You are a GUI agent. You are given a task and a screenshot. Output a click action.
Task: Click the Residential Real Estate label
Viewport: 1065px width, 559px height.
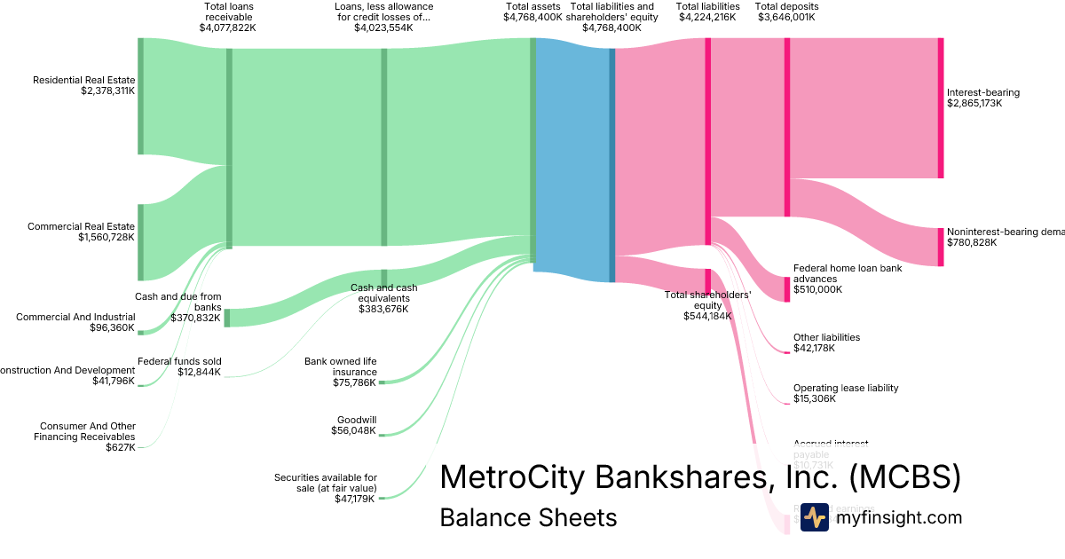coord(83,80)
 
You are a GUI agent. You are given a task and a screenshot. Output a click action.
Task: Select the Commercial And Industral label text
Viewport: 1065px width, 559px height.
coord(75,317)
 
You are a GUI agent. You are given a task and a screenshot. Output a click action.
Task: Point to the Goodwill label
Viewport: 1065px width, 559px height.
coord(357,420)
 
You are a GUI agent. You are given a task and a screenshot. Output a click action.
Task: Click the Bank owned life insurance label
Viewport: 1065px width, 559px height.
coord(341,366)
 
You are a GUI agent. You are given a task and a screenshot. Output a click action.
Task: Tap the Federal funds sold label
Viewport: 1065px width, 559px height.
coord(179,361)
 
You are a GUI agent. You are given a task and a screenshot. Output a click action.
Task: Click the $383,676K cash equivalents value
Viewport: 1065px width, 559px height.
coord(383,309)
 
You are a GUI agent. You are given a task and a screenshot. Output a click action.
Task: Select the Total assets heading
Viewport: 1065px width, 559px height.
coord(532,6)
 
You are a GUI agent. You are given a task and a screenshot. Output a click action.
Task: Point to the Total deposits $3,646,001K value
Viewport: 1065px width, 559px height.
coord(786,17)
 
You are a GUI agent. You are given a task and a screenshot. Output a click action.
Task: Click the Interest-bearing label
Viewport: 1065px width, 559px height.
coord(983,92)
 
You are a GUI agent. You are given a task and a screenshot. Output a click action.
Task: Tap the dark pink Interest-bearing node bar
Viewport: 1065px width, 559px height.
coord(941,107)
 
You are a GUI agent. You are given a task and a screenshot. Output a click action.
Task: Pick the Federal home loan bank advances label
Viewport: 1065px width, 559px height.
coord(833,272)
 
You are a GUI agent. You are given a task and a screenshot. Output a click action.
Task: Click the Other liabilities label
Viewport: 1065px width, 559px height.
coord(826,337)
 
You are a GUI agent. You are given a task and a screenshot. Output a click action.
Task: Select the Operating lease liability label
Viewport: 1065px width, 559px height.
coord(846,388)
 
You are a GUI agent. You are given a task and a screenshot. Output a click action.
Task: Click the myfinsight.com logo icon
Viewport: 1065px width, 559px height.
coord(814,517)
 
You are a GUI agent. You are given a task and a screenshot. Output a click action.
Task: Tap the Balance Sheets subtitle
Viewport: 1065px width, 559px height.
coord(528,517)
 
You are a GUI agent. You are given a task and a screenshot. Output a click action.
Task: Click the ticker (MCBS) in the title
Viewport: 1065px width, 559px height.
coord(904,477)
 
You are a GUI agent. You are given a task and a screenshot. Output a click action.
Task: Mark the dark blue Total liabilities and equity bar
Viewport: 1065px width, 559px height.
coord(612,164)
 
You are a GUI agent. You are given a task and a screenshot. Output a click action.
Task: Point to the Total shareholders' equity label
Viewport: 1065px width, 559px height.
coord(708,300)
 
